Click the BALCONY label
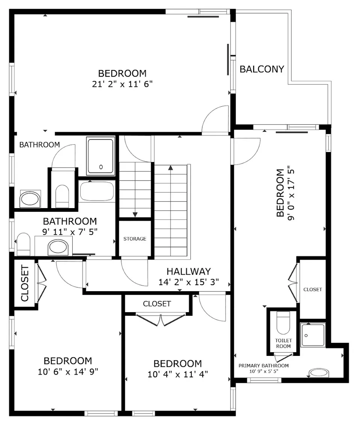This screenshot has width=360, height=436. pos(262,69)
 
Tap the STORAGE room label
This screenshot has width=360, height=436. pos(135,239)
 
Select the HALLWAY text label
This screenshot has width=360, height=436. pos(188,271)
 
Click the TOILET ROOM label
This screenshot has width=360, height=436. pos(283,344)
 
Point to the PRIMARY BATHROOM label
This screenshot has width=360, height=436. pos(264,366)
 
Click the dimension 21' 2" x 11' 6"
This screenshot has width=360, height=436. pos(122,84)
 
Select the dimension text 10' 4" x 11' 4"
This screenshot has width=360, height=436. pos(178,374)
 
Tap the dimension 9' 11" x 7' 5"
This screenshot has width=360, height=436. pos(70,232)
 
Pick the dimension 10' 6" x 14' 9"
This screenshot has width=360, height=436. pos(68,371)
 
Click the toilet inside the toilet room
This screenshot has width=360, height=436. pos(283,323)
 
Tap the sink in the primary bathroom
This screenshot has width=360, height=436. pos(318,373)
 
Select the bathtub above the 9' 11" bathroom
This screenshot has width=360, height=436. pos(97,191)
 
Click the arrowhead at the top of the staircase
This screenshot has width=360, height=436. pos(171,167)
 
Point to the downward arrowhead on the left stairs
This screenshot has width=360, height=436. pos(135,214)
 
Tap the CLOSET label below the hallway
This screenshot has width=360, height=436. pos(157,304)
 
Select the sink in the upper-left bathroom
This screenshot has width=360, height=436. pos(30,199)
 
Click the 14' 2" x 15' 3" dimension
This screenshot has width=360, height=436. pos(188,282)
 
